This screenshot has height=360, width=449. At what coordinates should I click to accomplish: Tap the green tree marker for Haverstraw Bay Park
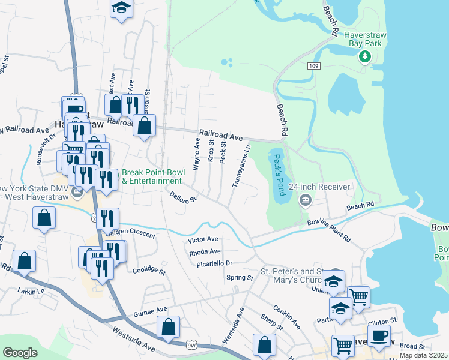click(x=364, y=57)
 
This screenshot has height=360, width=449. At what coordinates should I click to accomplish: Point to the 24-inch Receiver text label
click(x=319, y=187)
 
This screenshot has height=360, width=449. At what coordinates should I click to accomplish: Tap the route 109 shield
click(x=312, y=65)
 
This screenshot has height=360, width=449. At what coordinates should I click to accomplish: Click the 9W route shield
click(x=191, y=345)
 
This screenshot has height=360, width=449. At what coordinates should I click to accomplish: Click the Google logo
click(x=20, y=353)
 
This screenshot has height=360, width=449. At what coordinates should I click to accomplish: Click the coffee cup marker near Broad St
click(x=379, y=335)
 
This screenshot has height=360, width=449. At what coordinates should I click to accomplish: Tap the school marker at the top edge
click(x=121, y=8)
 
